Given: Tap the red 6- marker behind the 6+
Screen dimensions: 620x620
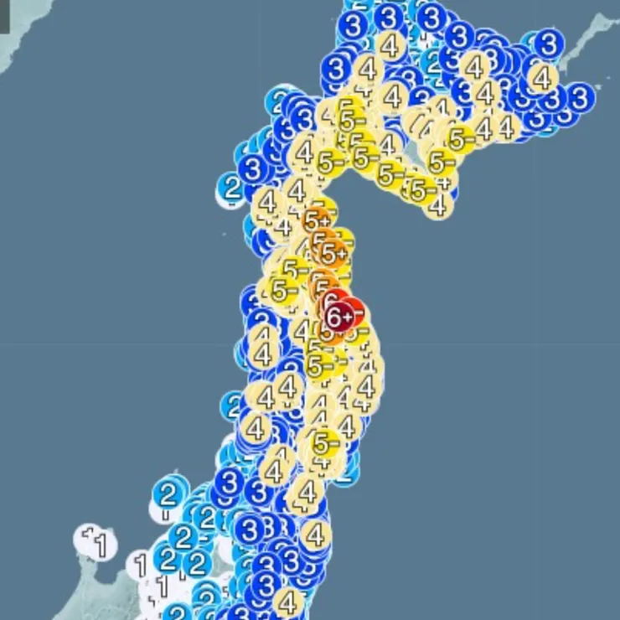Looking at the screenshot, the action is [353, 311].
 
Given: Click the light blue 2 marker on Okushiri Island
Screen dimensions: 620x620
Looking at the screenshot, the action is [232, 188].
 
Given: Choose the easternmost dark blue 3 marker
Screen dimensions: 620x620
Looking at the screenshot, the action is [580, 96].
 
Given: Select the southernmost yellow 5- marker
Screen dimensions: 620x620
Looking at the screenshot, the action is [325, 442].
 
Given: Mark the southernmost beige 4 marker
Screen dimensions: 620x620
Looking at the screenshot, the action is [288, 601].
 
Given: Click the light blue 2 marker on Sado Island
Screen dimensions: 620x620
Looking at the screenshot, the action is [168, 493].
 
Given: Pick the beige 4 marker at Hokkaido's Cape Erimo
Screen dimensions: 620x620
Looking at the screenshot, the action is [437, 204].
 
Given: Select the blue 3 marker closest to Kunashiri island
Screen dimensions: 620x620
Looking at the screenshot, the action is [549, 42].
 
